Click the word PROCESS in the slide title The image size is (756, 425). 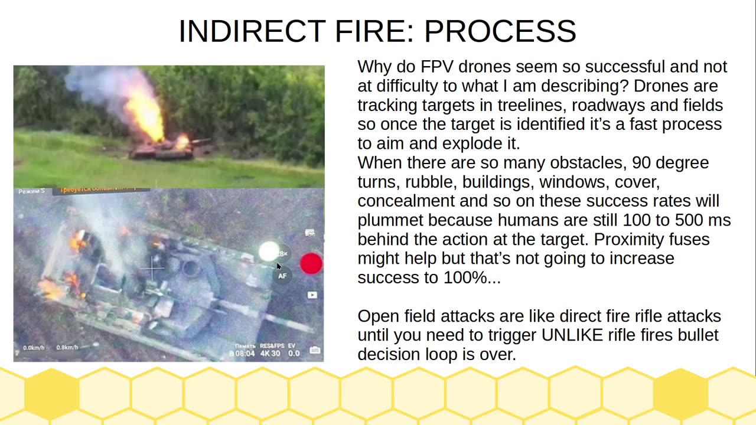coord(500,31)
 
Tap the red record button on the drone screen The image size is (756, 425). coord(311,264)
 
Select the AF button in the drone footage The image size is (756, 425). coord(282,276)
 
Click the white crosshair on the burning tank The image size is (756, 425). coord(153,269)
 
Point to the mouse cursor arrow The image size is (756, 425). coord(279,266)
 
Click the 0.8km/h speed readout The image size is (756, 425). coord(66,348)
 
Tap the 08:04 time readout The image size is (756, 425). coord(245,354)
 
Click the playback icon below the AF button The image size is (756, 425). coord(312,295)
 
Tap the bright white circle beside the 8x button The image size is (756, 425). coord(269,251)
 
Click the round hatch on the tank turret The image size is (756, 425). coord(192,269)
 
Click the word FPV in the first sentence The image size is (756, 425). coord(436,67)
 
